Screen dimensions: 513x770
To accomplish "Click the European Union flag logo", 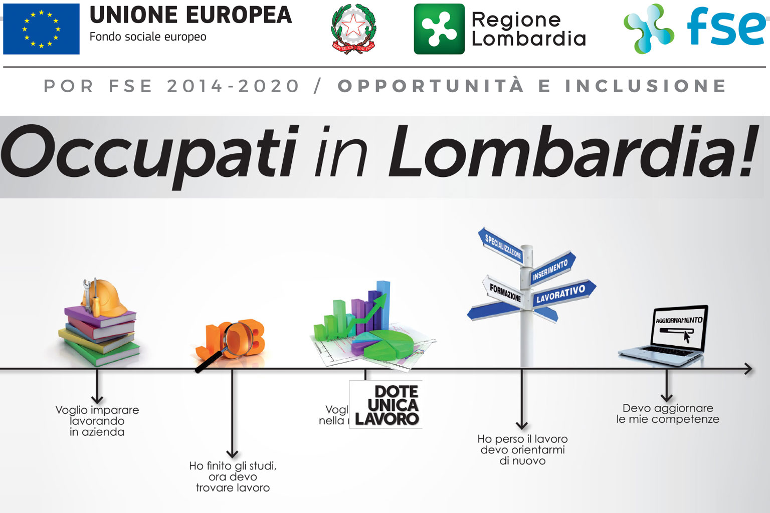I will point(41,29).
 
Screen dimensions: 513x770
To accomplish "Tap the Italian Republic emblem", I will point(353,29).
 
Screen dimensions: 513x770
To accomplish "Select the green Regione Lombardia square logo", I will point(439,29).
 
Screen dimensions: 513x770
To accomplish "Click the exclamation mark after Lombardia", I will point(747,150).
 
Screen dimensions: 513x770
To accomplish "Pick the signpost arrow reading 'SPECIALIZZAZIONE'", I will point(501,245).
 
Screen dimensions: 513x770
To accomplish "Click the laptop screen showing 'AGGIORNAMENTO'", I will point(680,329).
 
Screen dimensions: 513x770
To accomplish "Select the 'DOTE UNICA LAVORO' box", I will point(386,405).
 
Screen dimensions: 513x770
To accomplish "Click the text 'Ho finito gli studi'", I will point(233,466).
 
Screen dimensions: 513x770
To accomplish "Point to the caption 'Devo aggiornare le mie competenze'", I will point(667,414).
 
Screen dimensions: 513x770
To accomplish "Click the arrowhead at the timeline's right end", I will point(748,369).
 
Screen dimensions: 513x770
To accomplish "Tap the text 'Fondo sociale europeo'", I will point(148,37).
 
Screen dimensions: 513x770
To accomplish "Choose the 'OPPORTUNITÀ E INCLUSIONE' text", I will point(532,86).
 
